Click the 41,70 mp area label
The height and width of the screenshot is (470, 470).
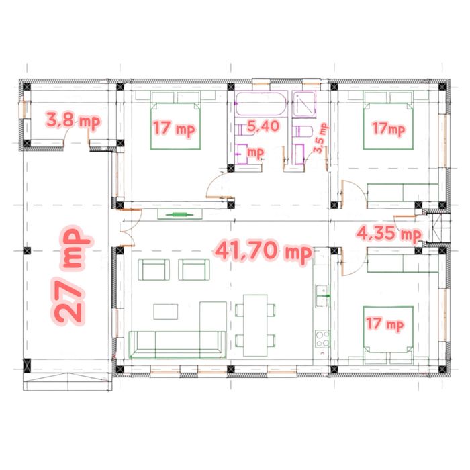[264, 251]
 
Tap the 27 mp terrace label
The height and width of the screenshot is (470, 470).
[71, 276]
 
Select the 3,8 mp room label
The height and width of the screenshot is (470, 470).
[73, 120]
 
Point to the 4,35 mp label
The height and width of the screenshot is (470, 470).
[389, 234]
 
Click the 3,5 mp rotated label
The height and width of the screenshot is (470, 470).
[320, 138]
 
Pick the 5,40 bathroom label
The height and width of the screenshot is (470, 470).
[263, 126]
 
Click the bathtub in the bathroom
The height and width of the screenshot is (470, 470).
[261, 104]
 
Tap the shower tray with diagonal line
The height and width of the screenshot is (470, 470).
[304, 104]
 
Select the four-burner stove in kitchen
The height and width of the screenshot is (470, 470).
[322, 338]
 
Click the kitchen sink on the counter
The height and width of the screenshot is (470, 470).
[322, 296]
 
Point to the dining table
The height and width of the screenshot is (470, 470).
[255, 325]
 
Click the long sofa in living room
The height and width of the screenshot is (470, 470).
[177, 344]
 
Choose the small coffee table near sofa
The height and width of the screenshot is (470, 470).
[165, 312]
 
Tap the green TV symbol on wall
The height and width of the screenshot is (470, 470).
[179, 214]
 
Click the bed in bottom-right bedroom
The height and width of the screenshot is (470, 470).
[388, 330]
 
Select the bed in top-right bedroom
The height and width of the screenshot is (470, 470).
[388, 126]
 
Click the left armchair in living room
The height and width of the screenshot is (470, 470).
[154, 270]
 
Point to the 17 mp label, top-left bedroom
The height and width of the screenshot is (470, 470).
[174, 128]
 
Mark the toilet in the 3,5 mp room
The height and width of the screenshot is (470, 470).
[303, 132]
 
